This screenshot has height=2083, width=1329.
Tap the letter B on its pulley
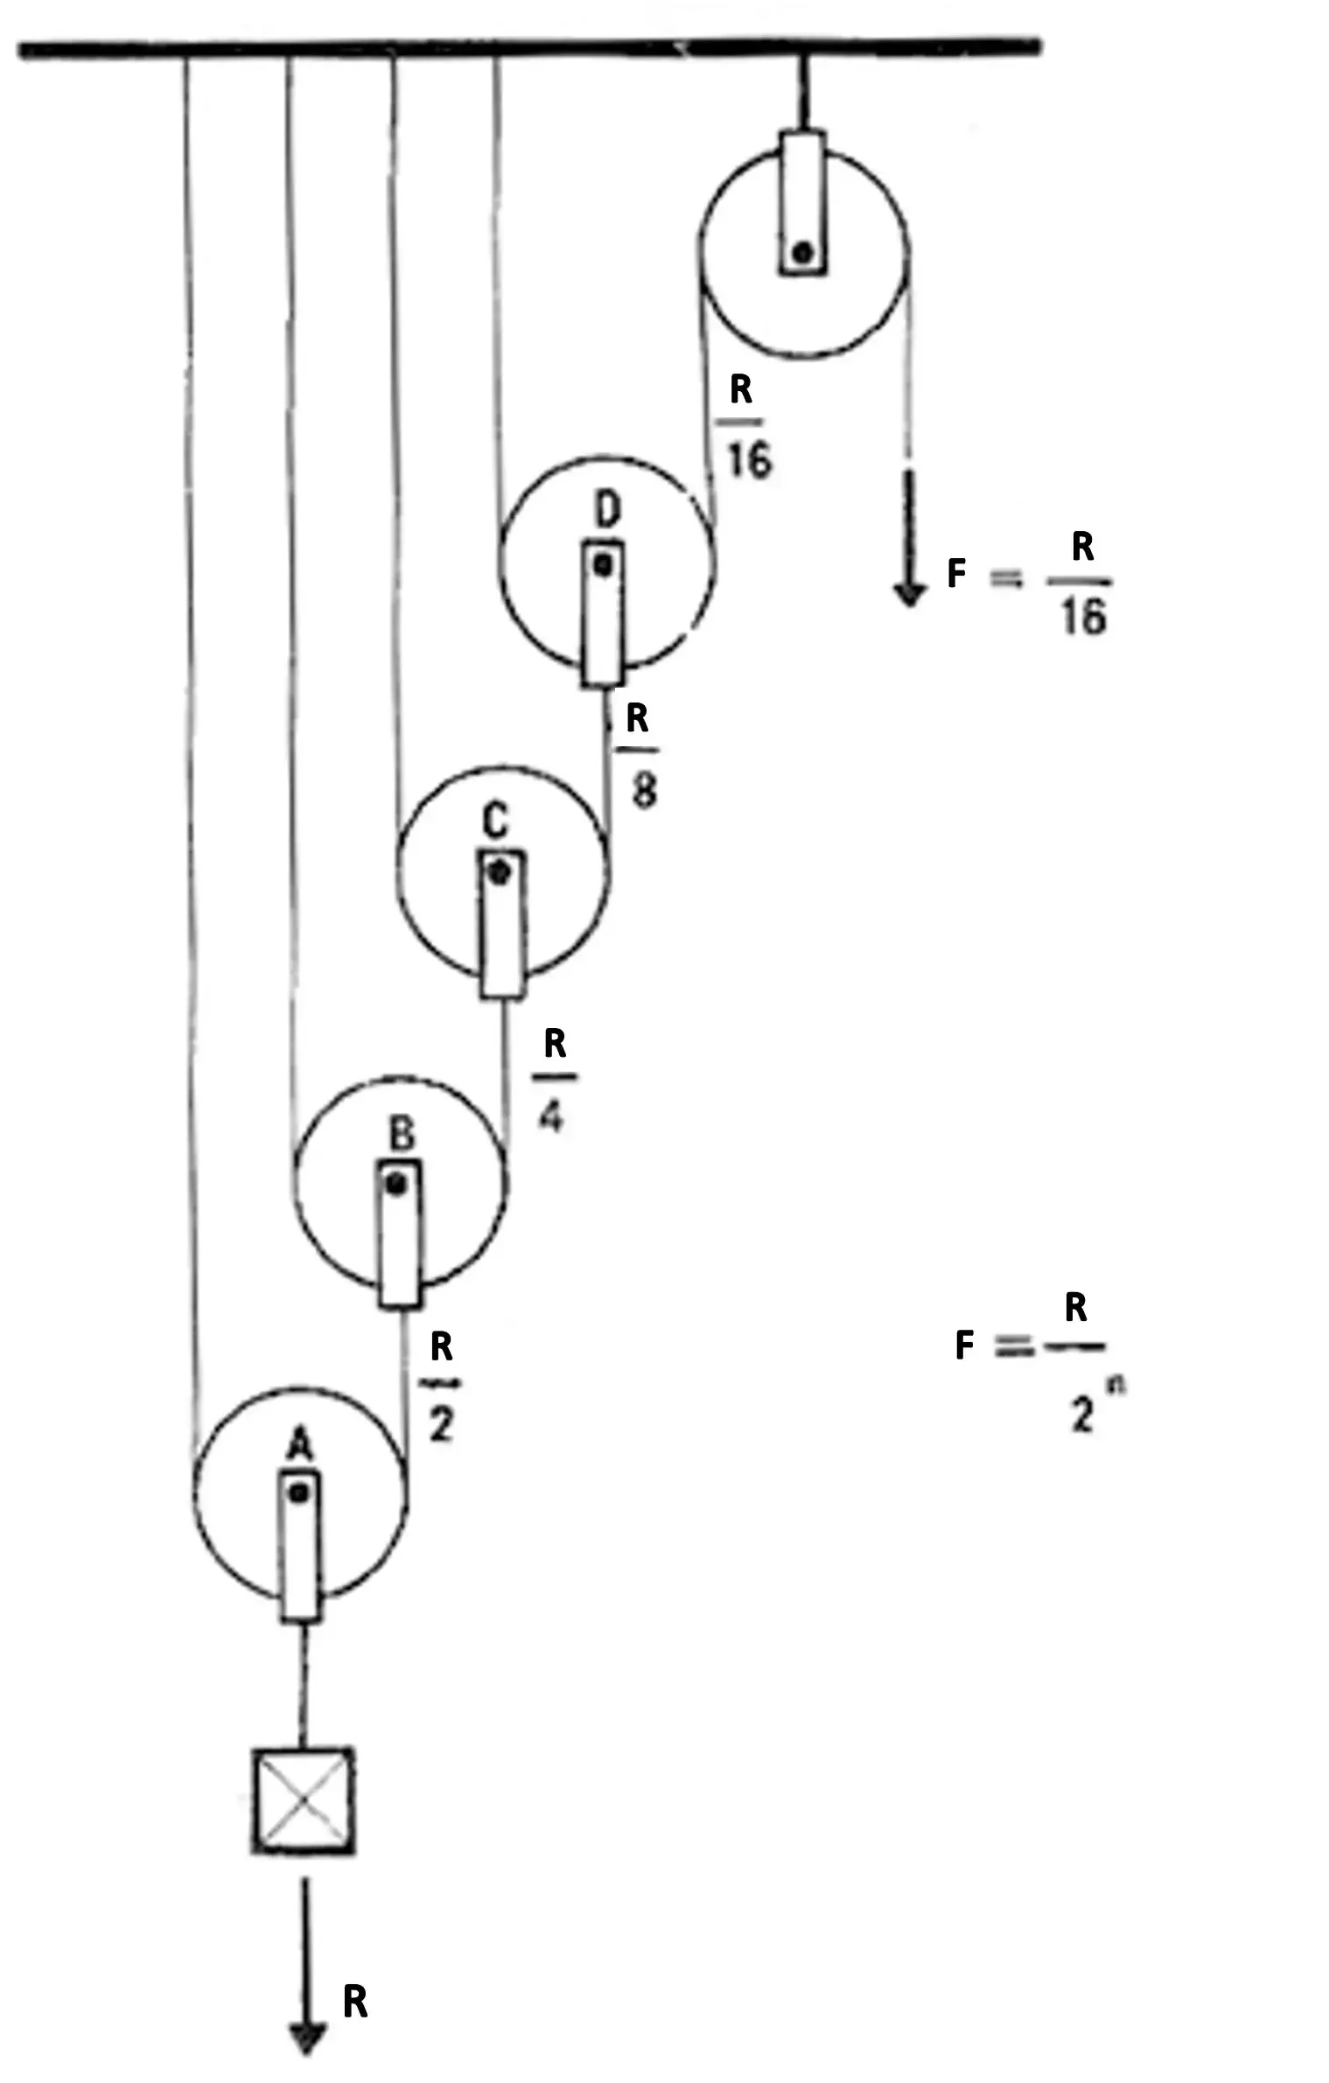pos(401,1134)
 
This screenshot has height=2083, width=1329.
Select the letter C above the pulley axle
pos(495,821)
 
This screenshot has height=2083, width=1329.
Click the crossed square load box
pos(303,1800)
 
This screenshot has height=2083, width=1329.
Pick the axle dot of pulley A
pos(299,1492)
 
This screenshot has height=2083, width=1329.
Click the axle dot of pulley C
pos(499,872)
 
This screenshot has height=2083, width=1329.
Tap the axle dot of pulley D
pos(603,565)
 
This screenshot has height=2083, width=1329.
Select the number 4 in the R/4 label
pos(551,1115)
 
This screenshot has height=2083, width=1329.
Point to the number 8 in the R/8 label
pos(644,791)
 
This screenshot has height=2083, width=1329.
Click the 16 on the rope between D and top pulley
pos(750,458)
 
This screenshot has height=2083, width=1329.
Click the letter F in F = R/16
pos(957,574)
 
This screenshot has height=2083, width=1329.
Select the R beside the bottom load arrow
pos(355,2001)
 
